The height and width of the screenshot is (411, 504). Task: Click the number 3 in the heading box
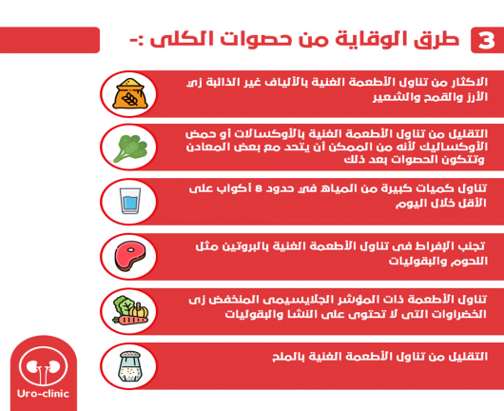pyautogui.click(x=485, y=41)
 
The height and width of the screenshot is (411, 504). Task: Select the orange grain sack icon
pyautogui.click(x=130, y=93)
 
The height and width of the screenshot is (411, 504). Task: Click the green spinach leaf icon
pyautogui.click(x=130, y=148)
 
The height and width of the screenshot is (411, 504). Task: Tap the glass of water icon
pyautogui.click(x=130, y=201)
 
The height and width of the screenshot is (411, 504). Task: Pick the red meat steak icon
pyautogui.click(x=130, y=256)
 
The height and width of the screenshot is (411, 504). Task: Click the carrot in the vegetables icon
pyautogui.click(x=130, y=320)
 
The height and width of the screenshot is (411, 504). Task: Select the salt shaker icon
pyautogui.click(x=130, y=366)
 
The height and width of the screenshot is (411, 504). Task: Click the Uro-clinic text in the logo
pyautogui.click(x=44, y=394)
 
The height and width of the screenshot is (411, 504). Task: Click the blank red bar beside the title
pyautogui.click(x=49, y=40)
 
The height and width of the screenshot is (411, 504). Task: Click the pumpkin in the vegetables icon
pyautogui.click(x=139, y=310)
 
